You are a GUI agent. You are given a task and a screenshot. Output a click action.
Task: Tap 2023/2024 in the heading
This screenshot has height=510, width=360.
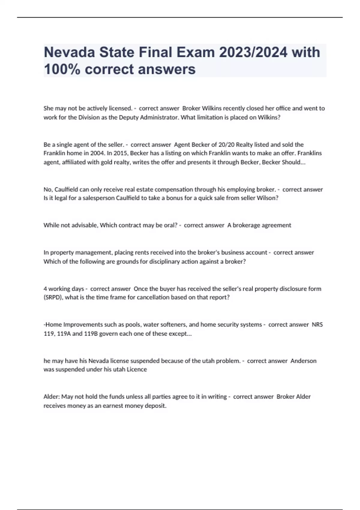point(253,52)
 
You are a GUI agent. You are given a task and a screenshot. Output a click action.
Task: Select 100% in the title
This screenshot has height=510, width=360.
point(62,69)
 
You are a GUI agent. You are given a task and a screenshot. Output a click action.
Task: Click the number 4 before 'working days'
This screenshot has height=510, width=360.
point(45,289)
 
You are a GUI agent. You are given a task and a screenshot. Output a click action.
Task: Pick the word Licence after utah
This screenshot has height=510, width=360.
point(137,370)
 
